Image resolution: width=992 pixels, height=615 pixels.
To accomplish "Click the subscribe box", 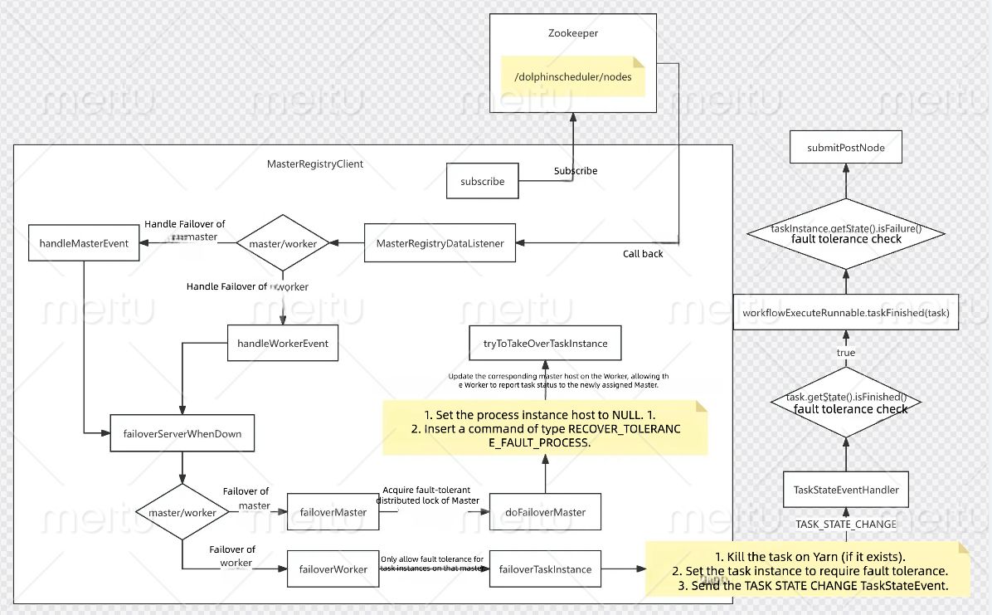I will coord(483,181).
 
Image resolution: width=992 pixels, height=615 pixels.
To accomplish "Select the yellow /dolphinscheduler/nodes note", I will coord(573,77).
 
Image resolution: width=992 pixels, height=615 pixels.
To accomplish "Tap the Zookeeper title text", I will coord(571,34).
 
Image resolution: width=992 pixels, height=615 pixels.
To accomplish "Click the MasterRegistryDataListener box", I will coord(440,243).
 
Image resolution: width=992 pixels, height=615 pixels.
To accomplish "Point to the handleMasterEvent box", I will coord(84,243).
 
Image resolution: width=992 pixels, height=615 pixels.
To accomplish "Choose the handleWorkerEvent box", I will coord(283,343).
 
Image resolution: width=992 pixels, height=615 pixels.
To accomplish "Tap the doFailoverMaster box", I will coord(545,512).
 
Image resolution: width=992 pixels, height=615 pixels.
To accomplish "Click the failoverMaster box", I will coord(333,512).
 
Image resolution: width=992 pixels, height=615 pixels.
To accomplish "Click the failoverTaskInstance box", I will coord(545,569).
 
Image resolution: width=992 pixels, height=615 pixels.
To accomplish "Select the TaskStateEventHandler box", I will coord(846,490).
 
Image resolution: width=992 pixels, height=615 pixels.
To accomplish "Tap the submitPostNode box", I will coord(846,148).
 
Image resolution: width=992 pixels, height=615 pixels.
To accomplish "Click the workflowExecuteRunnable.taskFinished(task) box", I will coord(846,313).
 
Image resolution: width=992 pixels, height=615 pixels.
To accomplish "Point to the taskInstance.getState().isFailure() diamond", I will coord(846,233).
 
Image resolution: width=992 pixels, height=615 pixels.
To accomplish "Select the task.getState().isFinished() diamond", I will coord(846,403).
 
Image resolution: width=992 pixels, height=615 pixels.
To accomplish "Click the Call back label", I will coord(643,254).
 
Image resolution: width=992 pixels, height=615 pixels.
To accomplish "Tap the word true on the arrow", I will coord(846,353).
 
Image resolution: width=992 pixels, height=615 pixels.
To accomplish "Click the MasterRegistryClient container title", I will coord(315,164).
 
